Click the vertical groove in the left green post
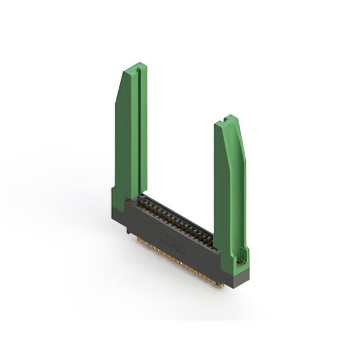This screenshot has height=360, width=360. (x=136, y=129)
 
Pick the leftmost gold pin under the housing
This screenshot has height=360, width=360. (x=138, y=240)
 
